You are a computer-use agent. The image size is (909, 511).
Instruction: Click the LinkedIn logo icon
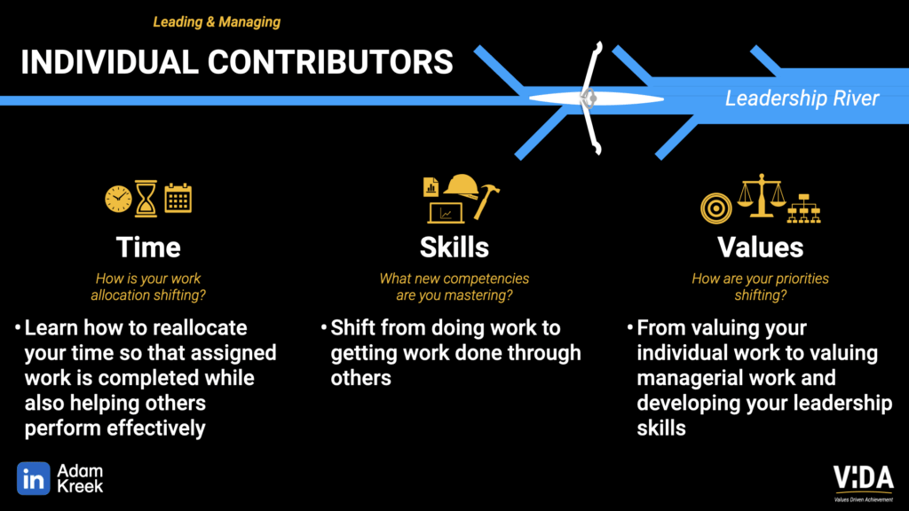coord(33,478)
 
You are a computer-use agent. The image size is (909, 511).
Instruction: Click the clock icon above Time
coord(118,200)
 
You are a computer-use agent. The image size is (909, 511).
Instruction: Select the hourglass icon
coord(146,199)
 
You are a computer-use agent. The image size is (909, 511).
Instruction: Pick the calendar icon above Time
coord(178,198)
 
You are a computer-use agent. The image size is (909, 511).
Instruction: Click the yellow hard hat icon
coord(462,186)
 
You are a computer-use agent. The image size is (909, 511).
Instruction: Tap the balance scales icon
coord(761,196)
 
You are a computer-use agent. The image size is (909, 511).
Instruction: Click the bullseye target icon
coord(716,208)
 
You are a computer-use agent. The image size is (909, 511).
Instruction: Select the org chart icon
coord(803,208)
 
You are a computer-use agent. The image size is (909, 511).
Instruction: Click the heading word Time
coord(148,248)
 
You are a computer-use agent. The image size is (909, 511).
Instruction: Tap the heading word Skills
coord(454,248)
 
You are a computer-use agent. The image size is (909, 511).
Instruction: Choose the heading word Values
coord(761,248)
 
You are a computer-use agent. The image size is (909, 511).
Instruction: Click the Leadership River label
coord(802,98)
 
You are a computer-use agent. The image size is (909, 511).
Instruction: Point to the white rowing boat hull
coord(597,99)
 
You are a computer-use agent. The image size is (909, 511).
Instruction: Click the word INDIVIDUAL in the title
coord(109,62)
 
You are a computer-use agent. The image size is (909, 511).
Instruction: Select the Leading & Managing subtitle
coord(217,22)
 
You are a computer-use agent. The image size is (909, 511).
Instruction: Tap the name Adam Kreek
coord(80,478)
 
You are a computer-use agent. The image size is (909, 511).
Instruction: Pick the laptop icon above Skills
coord(446,213)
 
